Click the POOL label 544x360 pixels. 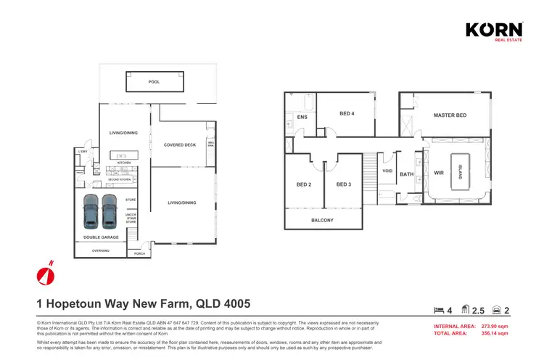pyautogui.click(x=154, y=82)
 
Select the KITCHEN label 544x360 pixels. pyautogui.click(x=124, y=163)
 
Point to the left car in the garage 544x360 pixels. pyautogui.click(x=91, y=210)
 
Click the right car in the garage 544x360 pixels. pyautogui.click(x=109, y=210)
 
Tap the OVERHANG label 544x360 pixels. pyautogui.click(x=100, y=250)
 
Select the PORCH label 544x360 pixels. pyautogui.click(x=139, y=254)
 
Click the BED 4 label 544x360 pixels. pyautogui.click(x=347, y=113)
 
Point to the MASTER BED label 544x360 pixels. pyautogui.click(x=450, y=115)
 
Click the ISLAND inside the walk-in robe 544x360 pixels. pyautogui.click(x=458, y=173)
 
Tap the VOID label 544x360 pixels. pyautogui.click(x=387, y=171)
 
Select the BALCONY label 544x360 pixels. pyautogui.click(x=322, y=220)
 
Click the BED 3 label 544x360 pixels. pyautogui.click(x=343, y=184)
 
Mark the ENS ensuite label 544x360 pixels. pyautogui.click(x=302, y=116)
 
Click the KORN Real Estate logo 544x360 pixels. pyautogui.click(x=493, y=31)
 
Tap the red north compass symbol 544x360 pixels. pyautogui.click(x=46, y=274)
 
